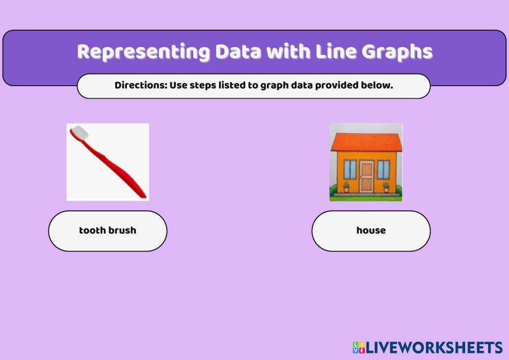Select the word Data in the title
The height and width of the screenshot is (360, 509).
238,52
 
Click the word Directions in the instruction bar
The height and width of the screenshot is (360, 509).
141,85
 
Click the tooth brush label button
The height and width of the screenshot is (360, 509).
108,230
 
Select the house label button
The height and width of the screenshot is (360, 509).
371,230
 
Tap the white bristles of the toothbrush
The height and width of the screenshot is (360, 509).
79,132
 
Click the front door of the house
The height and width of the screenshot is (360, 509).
366,177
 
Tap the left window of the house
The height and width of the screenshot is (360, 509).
350,169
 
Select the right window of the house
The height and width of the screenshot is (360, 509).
383,169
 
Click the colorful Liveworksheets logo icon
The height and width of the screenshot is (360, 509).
359,347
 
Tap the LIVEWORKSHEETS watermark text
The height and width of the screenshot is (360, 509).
434,348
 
